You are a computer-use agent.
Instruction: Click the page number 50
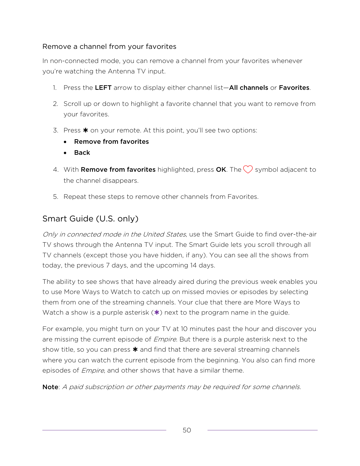187,430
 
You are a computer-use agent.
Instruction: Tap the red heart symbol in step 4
248,169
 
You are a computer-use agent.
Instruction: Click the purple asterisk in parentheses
156,312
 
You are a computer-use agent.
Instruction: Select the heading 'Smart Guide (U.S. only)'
90,219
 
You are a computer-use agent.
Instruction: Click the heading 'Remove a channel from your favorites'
109,47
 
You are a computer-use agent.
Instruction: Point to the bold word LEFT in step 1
103,88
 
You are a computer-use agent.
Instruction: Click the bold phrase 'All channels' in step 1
248,88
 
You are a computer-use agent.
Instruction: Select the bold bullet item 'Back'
82,153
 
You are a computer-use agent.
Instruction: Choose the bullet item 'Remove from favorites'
111,142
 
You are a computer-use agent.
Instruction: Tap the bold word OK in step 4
221,170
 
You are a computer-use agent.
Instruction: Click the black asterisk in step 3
86,130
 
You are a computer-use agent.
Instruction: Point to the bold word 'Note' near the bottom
50,387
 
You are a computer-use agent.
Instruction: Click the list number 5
55,197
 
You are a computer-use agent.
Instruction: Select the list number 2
55,104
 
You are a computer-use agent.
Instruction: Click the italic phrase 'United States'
164,234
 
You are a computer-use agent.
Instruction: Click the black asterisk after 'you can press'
135,350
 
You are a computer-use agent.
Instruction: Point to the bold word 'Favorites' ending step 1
294,88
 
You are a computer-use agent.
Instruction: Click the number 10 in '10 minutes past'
184,329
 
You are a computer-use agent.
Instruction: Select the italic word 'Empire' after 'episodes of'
92,371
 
